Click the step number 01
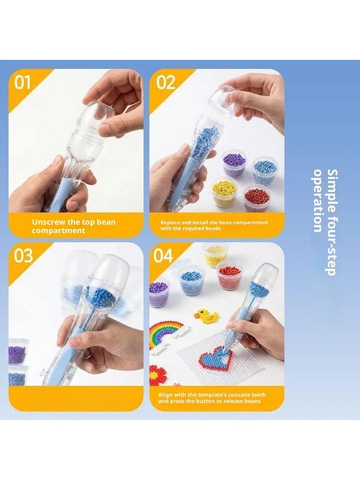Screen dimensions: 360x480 pos(22,83)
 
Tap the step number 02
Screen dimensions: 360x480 pos(166,83)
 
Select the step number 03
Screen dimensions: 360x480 pos(23,256)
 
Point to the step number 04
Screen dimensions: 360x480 pos(163,256)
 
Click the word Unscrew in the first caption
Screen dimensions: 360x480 pos(46,222)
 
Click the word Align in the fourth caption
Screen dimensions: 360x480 pos(166,395)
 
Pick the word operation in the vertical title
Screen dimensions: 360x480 pos(318,200)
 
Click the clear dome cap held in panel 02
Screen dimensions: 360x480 pos(225,100)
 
